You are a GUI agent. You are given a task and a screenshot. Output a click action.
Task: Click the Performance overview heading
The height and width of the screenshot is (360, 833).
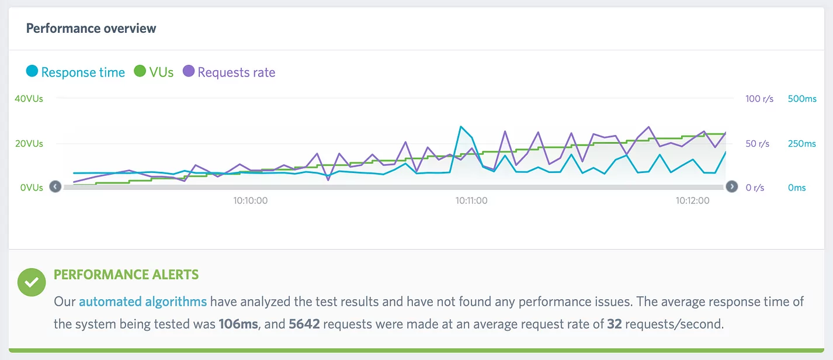tap(91, 28)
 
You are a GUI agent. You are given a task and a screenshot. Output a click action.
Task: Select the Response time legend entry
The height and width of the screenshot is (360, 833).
tap(76, 72)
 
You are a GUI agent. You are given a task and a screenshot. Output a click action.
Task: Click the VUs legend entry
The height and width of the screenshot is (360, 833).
tap(154, 72)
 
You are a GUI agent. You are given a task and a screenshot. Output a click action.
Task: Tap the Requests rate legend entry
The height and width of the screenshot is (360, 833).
tap(229, 72)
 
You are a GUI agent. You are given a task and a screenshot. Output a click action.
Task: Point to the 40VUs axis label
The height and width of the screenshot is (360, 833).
tap(29, 99)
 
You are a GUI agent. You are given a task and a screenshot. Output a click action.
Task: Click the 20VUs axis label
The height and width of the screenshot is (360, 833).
tap(29, 144)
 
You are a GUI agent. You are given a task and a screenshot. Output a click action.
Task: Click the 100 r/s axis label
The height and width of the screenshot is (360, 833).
tap(759, 99)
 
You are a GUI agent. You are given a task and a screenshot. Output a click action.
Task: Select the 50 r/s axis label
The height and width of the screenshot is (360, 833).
tap(758, 144)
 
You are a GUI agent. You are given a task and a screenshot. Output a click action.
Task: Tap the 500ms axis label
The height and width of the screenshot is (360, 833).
tap(802, 99)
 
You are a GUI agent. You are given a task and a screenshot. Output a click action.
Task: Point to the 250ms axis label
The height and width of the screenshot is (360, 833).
tap(802, 144)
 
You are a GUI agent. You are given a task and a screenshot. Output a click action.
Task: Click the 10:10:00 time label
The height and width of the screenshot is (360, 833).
tap(250, 200)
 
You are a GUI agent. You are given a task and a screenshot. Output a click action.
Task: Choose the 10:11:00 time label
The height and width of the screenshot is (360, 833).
tap(471, 200)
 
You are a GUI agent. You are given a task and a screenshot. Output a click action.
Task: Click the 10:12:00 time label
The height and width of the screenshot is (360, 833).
tap(692, 200)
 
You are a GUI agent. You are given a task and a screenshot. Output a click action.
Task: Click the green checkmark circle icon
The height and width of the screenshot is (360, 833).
tap(32, 283)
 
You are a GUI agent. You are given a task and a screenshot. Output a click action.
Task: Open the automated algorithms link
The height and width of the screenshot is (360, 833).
tap(143, 302)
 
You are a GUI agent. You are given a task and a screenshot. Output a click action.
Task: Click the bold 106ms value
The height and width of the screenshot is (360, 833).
tap(238, 324)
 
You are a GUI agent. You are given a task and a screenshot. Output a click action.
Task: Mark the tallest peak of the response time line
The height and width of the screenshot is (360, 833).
tap(461, 126)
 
